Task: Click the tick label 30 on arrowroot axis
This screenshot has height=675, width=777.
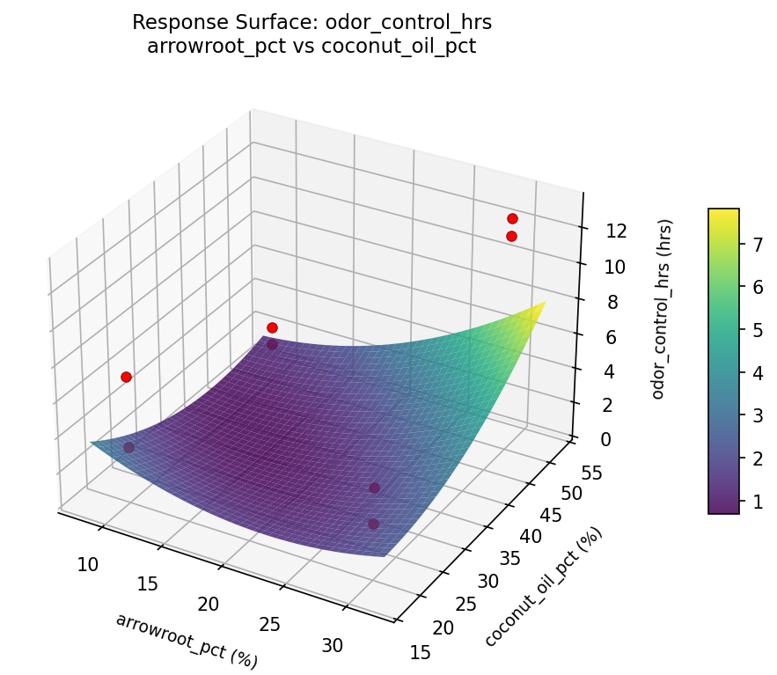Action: [x=333, y=645]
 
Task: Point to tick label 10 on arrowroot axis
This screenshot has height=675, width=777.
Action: [x=87, y=564]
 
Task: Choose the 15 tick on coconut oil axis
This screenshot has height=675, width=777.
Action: [x=421, y=652]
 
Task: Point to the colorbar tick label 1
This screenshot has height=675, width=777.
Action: [x=754, y=501]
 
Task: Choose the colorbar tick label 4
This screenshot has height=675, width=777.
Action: [x=754, y=373]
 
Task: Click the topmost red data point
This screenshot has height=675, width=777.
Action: [x=512, y=218]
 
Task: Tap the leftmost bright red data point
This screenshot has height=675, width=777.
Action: [x=126, y=377]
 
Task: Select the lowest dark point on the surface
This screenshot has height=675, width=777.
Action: [x=373, y=524]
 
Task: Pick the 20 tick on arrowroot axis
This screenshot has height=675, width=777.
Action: [x=209, y=604]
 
